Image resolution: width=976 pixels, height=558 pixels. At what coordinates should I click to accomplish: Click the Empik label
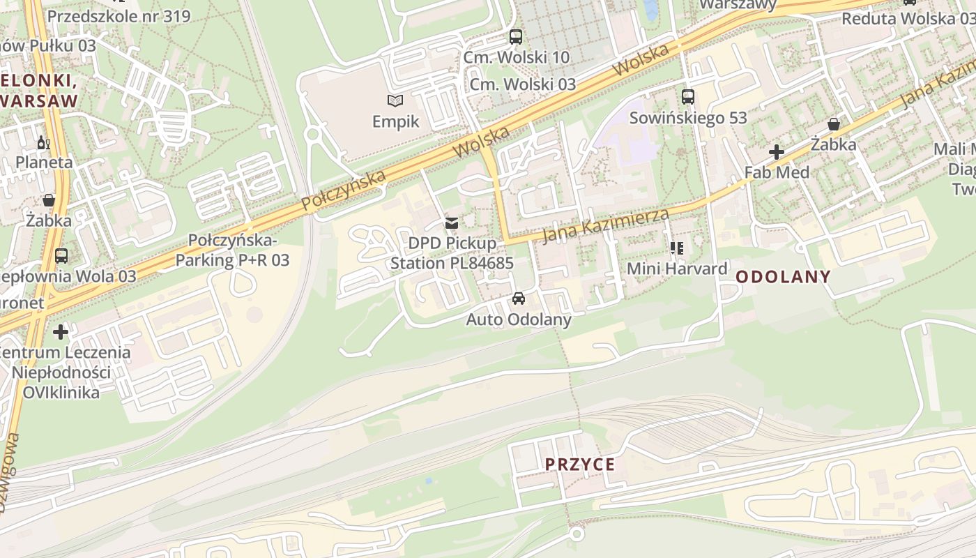point(395,121)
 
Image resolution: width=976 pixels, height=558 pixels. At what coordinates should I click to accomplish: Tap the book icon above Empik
point(395,101)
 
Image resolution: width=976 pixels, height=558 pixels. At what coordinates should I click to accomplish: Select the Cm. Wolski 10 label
point(517,57)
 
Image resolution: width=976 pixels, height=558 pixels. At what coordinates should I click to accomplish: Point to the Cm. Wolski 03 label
point(523,84)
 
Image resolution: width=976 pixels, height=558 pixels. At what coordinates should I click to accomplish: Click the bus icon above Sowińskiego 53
point(688,97)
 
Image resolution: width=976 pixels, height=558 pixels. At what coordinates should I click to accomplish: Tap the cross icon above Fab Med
point(776,152)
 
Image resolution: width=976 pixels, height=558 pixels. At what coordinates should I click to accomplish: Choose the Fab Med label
point(777,172)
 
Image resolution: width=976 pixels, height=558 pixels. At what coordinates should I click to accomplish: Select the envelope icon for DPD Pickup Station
point(452,223)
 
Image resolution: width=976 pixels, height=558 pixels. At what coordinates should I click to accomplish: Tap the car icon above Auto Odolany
point(518,299)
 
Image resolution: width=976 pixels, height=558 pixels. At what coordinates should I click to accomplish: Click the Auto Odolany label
point(518,319)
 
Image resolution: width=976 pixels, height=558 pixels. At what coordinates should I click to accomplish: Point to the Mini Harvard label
point(677,269)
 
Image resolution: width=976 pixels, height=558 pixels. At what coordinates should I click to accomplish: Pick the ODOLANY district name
point(783,277)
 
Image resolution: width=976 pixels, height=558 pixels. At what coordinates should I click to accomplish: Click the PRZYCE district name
point(580,465)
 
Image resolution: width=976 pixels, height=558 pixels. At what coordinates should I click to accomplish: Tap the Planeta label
point(44,163)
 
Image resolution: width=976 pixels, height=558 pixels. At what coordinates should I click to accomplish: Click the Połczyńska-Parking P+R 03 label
point(232,250)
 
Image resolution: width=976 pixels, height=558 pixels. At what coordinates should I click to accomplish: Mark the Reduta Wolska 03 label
point(907,19)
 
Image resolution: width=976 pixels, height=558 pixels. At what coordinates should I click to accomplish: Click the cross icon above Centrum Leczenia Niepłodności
point(61,332)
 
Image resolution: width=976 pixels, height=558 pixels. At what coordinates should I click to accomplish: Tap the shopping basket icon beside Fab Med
point(833,125)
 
